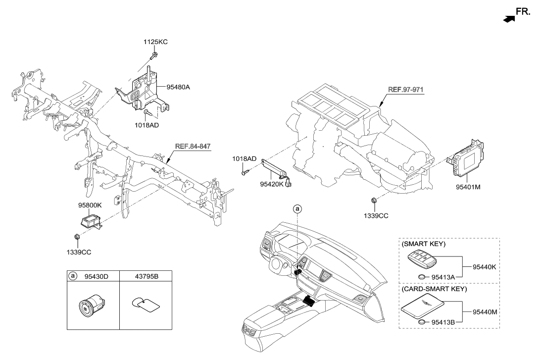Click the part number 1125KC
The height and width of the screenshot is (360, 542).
tap(155, 42)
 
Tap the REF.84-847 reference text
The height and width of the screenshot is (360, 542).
tap(193, 147)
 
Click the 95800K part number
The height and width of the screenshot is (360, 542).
tap(90, 205)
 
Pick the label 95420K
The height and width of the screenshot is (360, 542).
tap(272, 184)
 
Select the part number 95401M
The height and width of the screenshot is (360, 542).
tap(468, 188)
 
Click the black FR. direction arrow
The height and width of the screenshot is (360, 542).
tap(508, 18)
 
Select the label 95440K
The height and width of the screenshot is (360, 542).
tap(484, 266)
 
